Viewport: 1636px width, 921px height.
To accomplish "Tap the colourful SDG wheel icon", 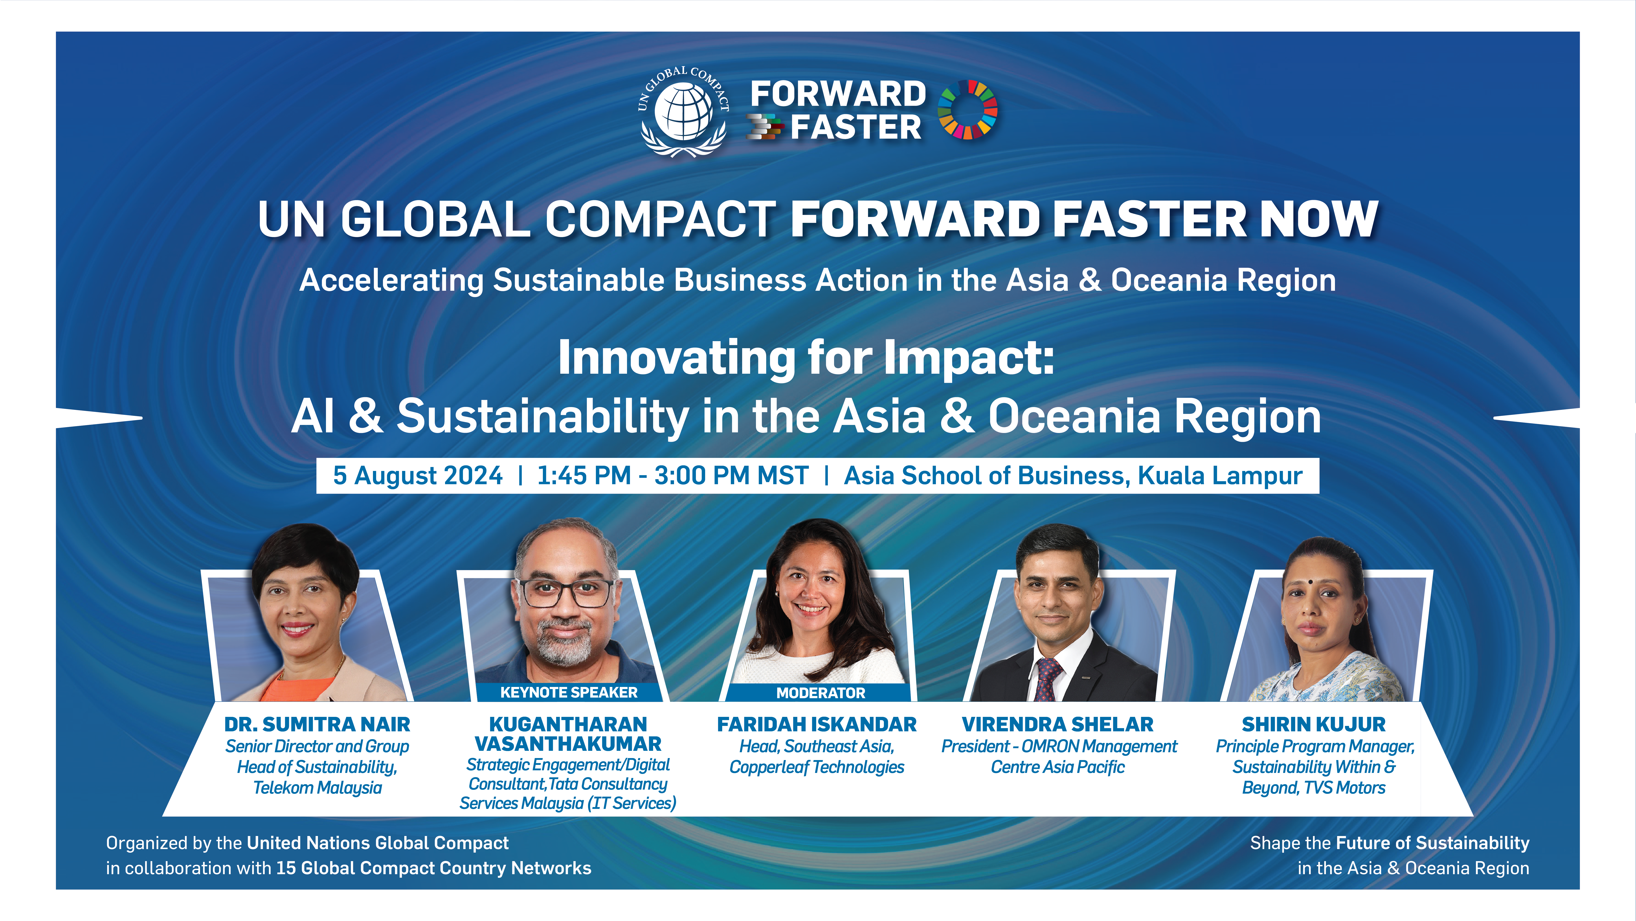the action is coord(967,109).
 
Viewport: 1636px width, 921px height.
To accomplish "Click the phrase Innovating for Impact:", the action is coord(806,358).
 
